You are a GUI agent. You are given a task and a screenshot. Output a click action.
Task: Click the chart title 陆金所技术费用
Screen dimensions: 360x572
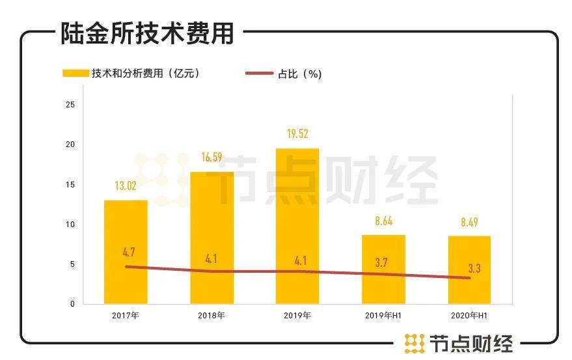click(147, 33)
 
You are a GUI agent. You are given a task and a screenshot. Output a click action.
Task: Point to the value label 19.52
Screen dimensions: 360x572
click(297, 134)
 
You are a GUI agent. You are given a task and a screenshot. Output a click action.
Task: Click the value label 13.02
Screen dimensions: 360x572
click(126, 186)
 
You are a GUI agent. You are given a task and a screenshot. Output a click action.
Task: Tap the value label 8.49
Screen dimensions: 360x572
click(469, 222)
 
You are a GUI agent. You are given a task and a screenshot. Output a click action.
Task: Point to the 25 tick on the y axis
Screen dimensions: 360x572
click(71, 105)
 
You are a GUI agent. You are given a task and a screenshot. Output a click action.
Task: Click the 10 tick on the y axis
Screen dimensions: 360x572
click(71, 225)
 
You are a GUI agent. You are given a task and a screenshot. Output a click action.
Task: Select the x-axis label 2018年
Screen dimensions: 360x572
click(211, 316)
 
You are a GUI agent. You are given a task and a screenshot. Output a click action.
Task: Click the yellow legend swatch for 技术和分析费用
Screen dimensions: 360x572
click(75, 74)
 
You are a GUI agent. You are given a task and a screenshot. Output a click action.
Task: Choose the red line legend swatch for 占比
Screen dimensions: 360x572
click(259, 74)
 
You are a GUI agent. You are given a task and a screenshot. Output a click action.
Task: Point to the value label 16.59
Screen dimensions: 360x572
click(211, 158)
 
